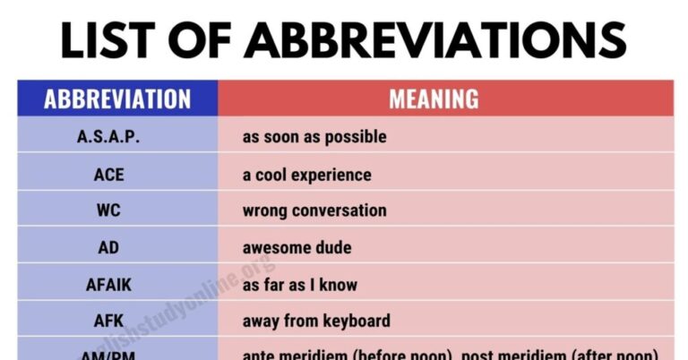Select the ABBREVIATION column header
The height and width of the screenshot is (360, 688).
[x=117, y=99]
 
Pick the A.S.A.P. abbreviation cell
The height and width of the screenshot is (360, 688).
[x=108, y=137]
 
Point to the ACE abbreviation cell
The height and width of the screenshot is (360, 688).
[x=108, y=175]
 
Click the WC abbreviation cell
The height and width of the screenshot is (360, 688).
[x=108, y=211]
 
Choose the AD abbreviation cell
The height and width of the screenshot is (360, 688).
[x=108, y=248]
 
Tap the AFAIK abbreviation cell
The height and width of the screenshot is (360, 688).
[x=108, y=285]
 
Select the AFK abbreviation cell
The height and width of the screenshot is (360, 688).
[x=108, y=321]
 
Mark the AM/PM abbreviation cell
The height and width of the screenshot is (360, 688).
[x=108, y=353]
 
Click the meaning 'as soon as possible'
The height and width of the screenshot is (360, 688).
[x=314, y=137]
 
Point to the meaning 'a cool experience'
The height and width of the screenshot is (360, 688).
[x=306, y=175]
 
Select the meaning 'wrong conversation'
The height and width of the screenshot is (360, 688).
[x=314, y=211]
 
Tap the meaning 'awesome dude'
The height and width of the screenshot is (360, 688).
[x=297, y=248]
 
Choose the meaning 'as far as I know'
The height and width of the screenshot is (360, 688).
[x=300, y=285]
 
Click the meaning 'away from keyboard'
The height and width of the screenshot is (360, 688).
[x=316, y=321]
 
